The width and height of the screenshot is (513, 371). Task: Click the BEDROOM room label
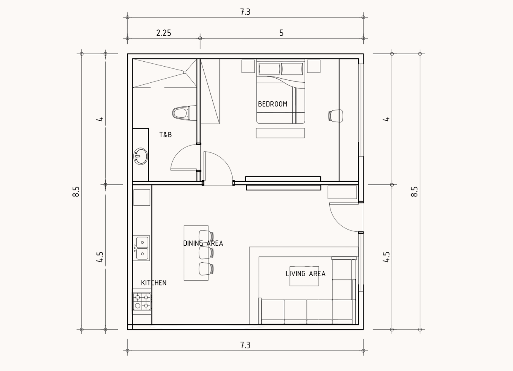272,104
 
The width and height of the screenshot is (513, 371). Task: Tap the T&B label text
165,135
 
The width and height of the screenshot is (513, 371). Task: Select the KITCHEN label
154,283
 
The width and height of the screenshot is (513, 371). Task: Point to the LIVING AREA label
306,274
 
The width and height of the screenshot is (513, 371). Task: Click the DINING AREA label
203,243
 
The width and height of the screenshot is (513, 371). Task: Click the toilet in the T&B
184,113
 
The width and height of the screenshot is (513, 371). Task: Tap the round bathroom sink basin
140,156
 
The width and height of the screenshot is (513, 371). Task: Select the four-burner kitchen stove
142,301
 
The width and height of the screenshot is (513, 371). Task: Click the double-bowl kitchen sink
141,248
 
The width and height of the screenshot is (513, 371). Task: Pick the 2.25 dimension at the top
164,33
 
